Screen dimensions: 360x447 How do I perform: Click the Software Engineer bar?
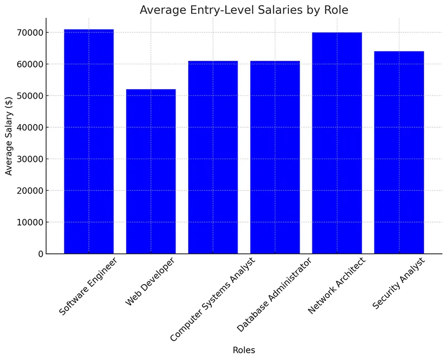(89, 142)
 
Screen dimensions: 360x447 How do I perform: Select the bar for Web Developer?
(151, 171)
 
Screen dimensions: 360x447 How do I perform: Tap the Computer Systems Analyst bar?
(213, 157)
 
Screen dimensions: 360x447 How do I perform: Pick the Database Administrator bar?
(275, 157)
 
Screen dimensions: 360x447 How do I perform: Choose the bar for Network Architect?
(337, 143)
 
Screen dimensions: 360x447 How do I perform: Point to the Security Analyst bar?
(399, 152)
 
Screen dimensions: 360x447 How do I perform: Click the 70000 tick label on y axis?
(28, 32)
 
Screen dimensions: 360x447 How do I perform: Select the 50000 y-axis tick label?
(28, 95)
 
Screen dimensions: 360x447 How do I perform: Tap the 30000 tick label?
(28, 159)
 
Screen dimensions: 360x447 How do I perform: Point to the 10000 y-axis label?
(28, 222)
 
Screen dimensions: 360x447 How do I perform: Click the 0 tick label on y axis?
(40, 254)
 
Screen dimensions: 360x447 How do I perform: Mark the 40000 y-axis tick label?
(28, 127)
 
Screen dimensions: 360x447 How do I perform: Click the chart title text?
(244, 10)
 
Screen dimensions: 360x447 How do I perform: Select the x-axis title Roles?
(244, 350)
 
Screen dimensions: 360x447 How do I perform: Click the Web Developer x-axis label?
(150, 281)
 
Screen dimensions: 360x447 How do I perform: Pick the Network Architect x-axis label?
(336, 285)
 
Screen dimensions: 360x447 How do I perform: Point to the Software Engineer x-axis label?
(88, 285)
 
